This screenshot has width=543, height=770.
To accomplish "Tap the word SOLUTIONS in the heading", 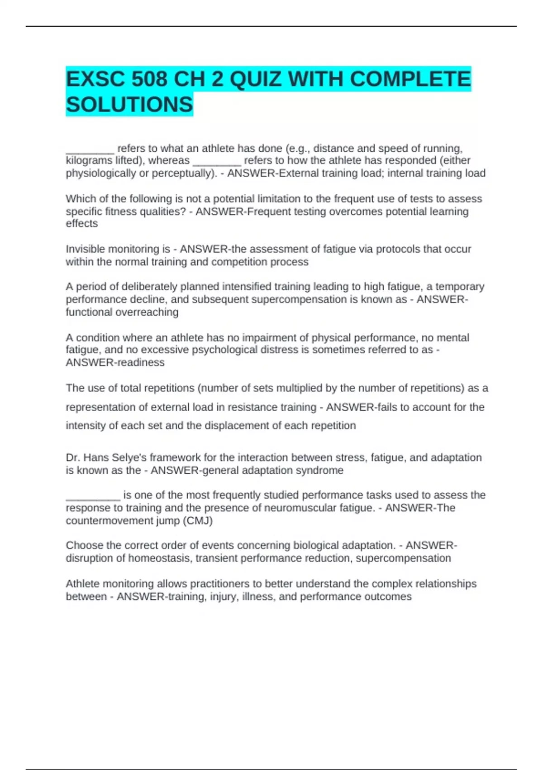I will pos(129,105).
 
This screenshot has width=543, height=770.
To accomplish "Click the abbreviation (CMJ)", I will pos(197,520).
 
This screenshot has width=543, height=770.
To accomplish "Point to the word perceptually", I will pos(183,173).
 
